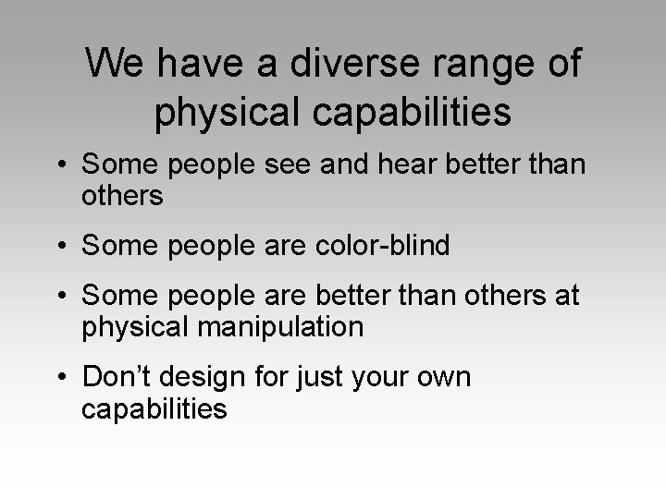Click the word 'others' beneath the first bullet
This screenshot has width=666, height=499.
pos(122,195)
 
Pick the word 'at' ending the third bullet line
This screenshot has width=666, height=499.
pos(565,297)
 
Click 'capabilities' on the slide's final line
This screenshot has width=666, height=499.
pos(154,408)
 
